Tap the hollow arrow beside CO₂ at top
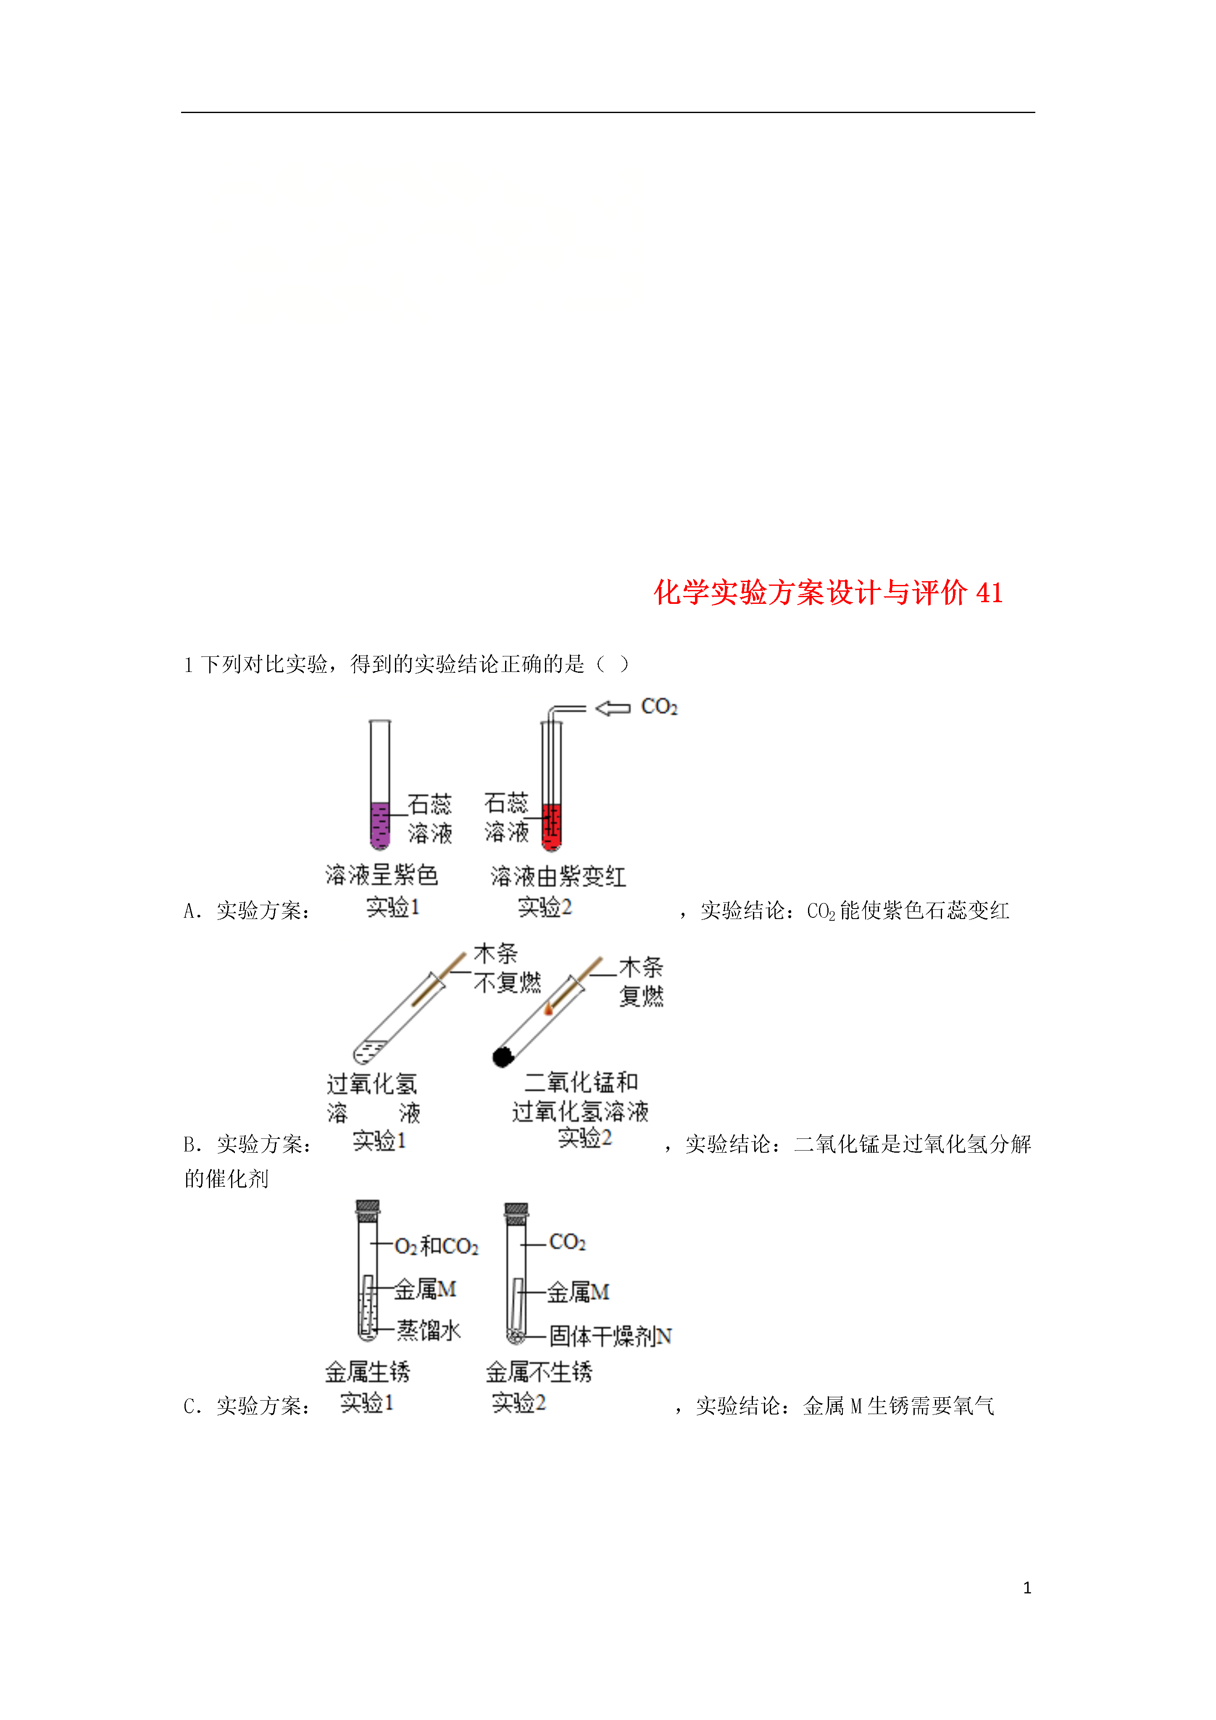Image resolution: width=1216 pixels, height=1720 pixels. pyautogui.click(x=613, y=708)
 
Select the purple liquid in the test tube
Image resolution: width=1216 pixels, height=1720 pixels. pyautogui.click(x=380, y=825)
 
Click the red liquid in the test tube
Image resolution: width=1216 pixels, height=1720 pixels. pyautogui.click(x=551, y=827)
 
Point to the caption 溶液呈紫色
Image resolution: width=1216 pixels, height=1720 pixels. pyautogui.click(x=382, y=874)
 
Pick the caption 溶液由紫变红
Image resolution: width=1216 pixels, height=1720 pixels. pyautogui.click(x=558, y=876)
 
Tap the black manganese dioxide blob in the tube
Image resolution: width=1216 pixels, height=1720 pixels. pyautogui.click(x=503, y=1056)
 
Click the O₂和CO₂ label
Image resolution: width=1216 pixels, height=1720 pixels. pyautogui.click(x=436, y=1246)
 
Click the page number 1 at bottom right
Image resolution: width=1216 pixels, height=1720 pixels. pyautogui.click(x=1027, y=1587)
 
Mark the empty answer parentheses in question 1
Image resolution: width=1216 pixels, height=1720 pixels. pyautogui.click(x=613, y=664)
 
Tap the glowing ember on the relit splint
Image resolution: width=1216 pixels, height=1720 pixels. pyautogui.click(x=548, y=1010)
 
